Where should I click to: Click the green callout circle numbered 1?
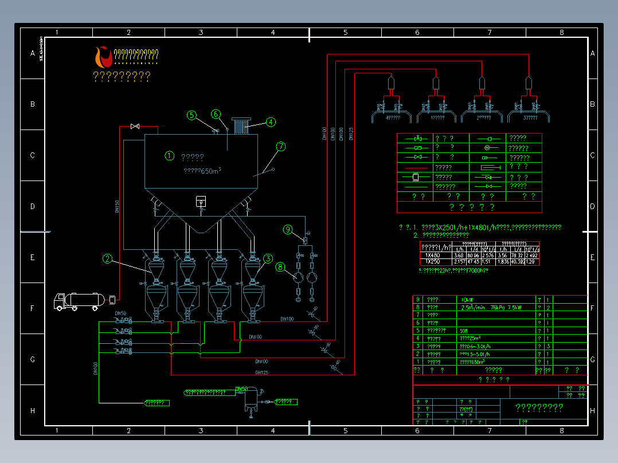tap(169, 155)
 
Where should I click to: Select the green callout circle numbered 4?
tap(270, 121)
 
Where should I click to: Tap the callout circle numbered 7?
tap(280, 147)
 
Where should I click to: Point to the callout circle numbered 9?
tap(288, 230)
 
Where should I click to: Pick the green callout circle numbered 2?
tap(107, 258)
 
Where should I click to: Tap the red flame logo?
tap(103, 56)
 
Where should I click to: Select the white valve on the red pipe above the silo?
tap(135, 125)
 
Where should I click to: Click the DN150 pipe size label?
tap(118, 206)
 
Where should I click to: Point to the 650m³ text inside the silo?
tap(202, 171)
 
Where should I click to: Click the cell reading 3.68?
tap(459, 256)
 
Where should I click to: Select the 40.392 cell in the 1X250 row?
tap(518, 262)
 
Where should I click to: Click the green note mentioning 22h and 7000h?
tap(453, 270)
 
